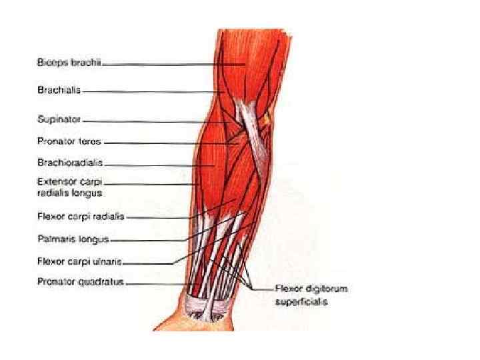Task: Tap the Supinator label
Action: coord(59,120)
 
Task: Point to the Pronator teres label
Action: coord(69,141)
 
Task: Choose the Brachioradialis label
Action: coord(70,162)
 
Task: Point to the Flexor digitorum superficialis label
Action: coord(311,295)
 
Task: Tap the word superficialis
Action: coord(303,301)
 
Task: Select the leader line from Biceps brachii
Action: coord(173,64)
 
